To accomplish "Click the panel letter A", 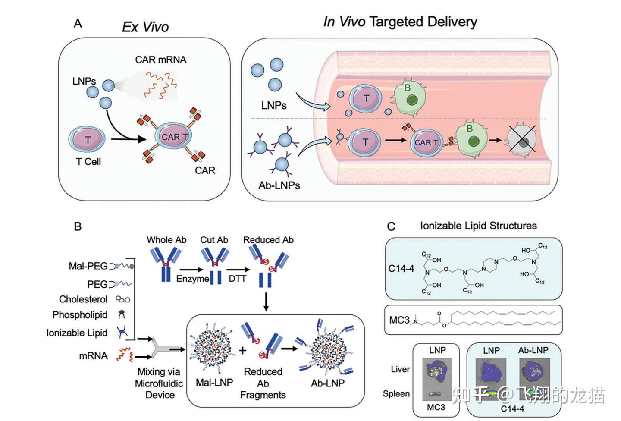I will click(78, 23).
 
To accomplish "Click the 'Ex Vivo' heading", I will click(145, 27).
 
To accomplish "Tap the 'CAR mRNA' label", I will click(161, 60).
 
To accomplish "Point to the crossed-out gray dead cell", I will click(523, 140).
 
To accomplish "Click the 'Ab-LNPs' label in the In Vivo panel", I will click(279, 185).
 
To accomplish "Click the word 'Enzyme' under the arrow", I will click(192, 279).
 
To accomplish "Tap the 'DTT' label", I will click(237, 279).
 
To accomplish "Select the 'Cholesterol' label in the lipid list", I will click(83, 299).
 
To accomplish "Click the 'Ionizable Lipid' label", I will click(77, 333).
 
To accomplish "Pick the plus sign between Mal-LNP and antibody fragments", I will click(243, 350).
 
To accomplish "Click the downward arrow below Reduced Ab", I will click(266, 302).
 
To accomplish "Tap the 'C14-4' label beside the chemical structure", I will click(401, 268).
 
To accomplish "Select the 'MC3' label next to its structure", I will click(399, 320).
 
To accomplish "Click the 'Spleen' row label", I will click(396, 393).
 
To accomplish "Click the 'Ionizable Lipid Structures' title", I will click(478, 226).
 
